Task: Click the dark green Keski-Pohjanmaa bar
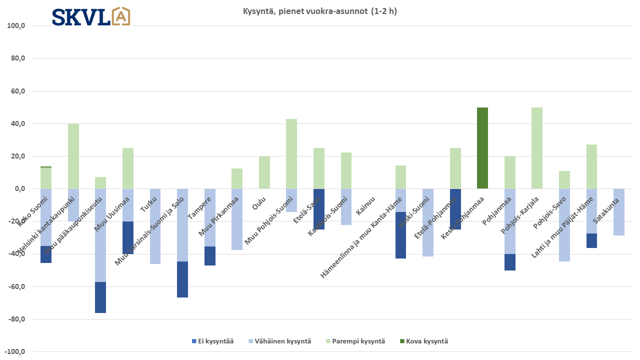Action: pos(482,148)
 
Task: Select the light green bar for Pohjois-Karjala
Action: pos(537,148)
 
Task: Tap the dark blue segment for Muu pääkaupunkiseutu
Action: pos(100,297)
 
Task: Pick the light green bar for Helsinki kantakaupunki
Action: pos(73,156)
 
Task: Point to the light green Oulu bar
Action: pos(264,172)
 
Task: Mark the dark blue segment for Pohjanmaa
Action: pos(510,262)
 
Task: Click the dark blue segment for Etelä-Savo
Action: pos(319,209)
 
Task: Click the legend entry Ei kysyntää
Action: pos(212,341)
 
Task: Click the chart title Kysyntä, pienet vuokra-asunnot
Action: pos(316,11)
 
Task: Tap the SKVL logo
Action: pos(91,16)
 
